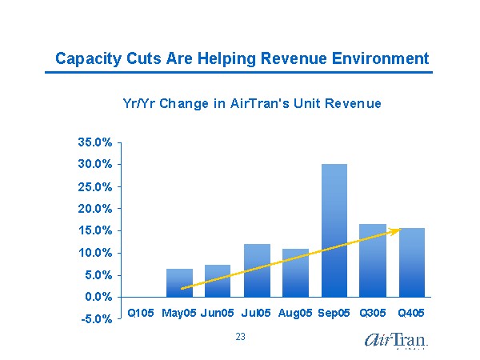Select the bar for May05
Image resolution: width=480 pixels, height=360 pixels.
[x=179, y=282]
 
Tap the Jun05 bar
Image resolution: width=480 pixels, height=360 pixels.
[x=218, y=280]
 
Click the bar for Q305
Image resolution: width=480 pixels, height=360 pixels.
[x=373, y=260]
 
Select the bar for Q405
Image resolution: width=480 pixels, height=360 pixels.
[x=412, y=262]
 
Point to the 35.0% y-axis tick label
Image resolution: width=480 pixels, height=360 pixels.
[x=94, y=142]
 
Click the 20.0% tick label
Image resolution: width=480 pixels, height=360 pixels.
[x=94, y=209]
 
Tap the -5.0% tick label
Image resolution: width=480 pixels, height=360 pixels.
[x=95, y=319]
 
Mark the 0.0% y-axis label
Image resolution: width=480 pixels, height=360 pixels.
[x=98, y=297]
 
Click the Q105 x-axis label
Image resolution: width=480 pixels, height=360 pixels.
[x=141, y=312]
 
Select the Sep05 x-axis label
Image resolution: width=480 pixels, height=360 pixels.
[x=334, y=312]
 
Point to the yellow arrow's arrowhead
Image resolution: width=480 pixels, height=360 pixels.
[x=395, y=231]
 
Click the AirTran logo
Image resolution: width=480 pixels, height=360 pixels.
[x=396, y=340]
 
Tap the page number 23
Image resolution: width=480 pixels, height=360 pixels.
[x=240, y=338]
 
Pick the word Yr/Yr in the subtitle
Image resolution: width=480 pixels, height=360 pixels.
[x=138, y=104]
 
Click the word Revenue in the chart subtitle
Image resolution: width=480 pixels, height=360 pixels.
[x=353, y=104]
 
